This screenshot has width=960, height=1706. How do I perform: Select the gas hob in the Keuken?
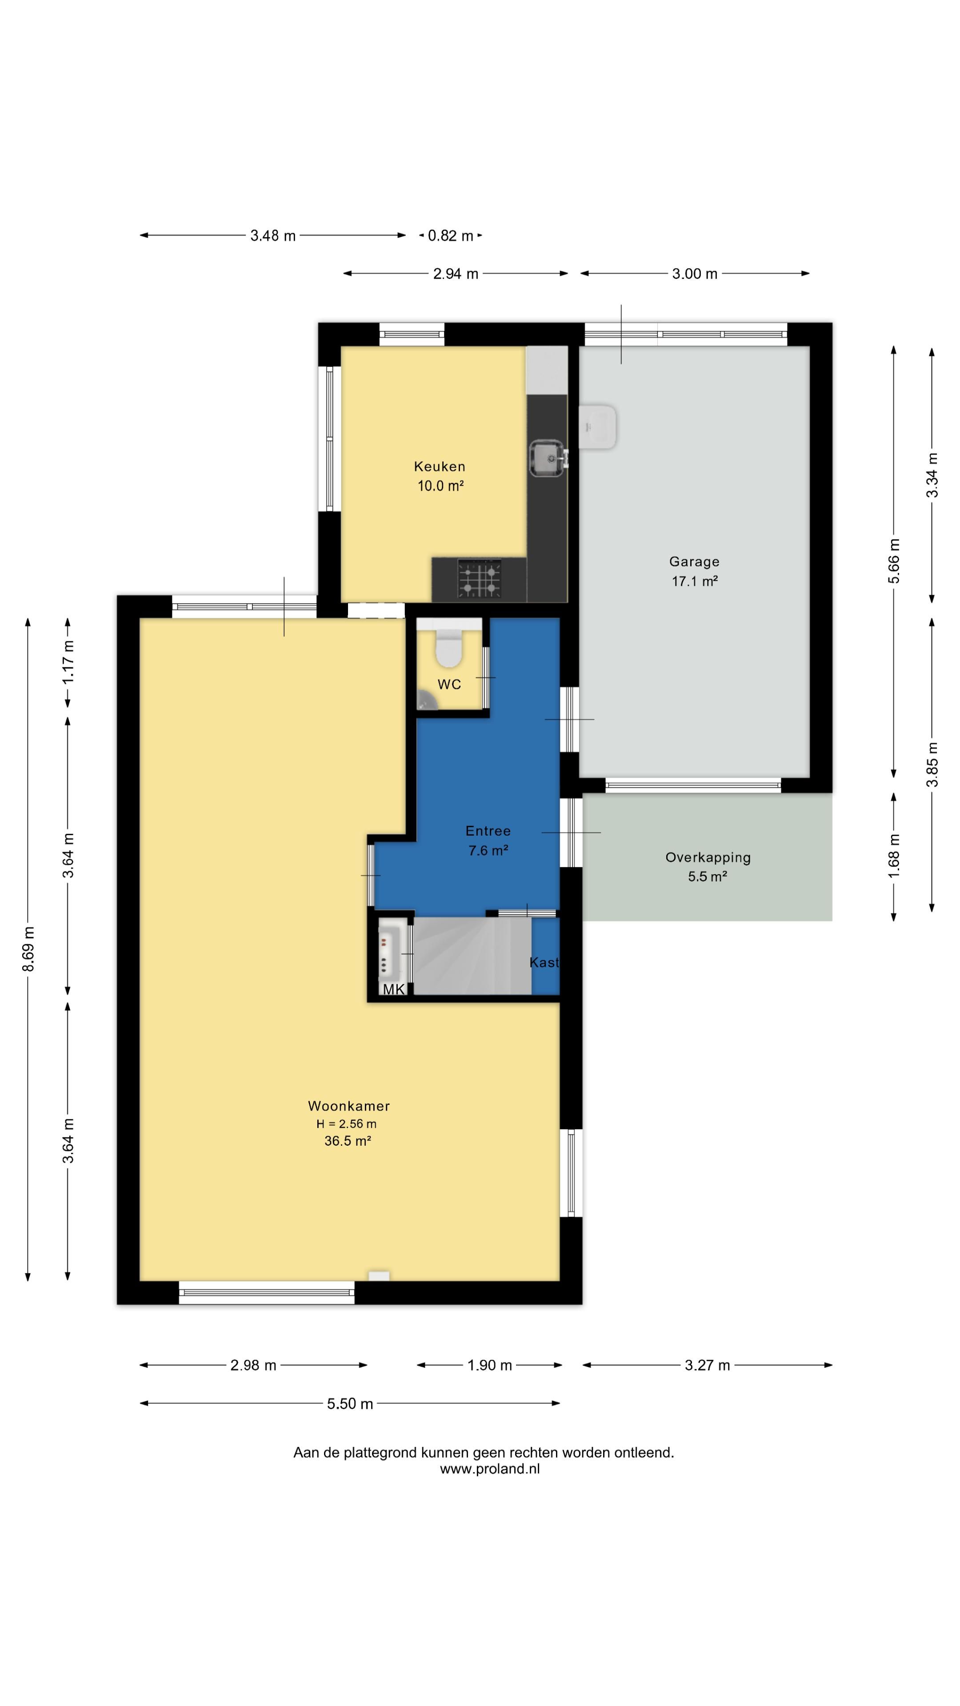click(479, 578)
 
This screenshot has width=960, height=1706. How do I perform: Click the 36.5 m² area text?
click(347, 1140)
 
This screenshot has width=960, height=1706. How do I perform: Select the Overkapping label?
click(708, 857)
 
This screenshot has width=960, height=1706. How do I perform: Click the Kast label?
click(544, 962)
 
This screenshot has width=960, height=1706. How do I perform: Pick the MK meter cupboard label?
click(393, 989)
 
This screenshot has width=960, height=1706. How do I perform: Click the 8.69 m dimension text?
click(28, 949)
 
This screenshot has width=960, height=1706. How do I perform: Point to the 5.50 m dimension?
click(350, 1403)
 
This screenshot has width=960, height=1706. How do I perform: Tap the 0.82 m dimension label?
click(451, 235)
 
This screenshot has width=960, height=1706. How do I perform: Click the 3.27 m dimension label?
click(707, 1365)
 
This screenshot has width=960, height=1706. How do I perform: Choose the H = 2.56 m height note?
click(347, 1123)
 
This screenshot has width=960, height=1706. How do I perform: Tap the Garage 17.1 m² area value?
click(694, 581)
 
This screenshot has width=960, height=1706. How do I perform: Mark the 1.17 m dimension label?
click(68, 663)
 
